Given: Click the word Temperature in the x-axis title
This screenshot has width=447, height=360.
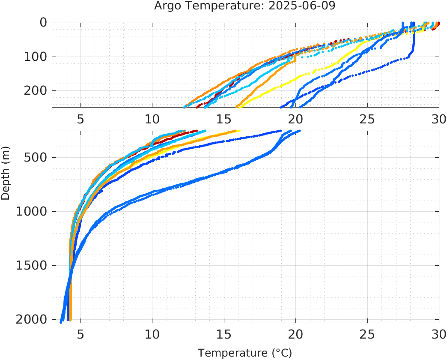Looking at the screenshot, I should [x=233, y=353].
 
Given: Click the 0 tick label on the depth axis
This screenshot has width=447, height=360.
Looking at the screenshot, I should [x=43, y=22].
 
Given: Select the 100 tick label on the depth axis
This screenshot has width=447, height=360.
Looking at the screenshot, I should [x=36, y=57].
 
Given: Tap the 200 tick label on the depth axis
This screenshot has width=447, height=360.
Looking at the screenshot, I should [x=36, y=90].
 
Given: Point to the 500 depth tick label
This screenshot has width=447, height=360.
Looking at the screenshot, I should [x=36, y=157].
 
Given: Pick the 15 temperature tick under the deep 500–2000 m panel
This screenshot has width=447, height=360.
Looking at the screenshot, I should [x=223, y=334].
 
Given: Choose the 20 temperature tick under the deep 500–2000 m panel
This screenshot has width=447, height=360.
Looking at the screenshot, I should [x=295, y=334].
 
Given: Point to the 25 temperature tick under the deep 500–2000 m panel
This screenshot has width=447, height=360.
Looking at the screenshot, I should [x=367, y=334].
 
